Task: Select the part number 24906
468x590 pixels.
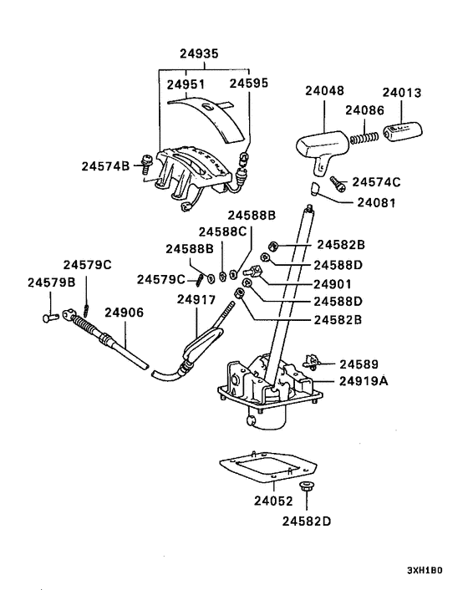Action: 124,312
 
